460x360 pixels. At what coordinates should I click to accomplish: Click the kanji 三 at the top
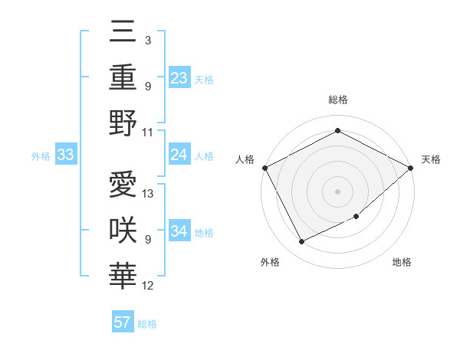pyautogui.click(x=123, y=34)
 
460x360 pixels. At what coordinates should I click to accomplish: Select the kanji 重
pyautogui.click(x=123, y=77)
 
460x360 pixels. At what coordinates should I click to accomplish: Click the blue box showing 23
pyautogui.click(x=179, y=78)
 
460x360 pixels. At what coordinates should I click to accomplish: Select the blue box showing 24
pyautogui.click(x=179, y=155)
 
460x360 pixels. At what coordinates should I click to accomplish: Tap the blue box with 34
pyautogui.click(x=179, y=232)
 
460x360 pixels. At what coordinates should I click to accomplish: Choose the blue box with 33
pyautogui.click(x=65, y=155)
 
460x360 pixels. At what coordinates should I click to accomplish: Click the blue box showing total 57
pyautogui.click(x=123, y=322)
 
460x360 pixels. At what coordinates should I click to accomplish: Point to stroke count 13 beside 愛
pyautogui.click(x=149, y=194)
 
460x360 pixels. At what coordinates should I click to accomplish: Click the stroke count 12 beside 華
pyautogui.click(x=149, y=286)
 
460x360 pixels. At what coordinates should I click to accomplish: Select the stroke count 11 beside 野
pyautogui.click(x=149, y=132)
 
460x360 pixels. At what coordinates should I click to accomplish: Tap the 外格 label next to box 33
pyautogui.click(x=41, y=156)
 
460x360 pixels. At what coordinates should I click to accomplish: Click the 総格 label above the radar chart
pyautogui.click(x=337, y=100)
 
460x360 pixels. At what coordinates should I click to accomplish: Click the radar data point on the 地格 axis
pyautogui.click(x=356, y=217)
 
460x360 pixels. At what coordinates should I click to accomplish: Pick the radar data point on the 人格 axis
pyautogui.click(x=264, y=168)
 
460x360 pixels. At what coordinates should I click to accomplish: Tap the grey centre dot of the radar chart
pyautogui.click(x=337, y=191)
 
